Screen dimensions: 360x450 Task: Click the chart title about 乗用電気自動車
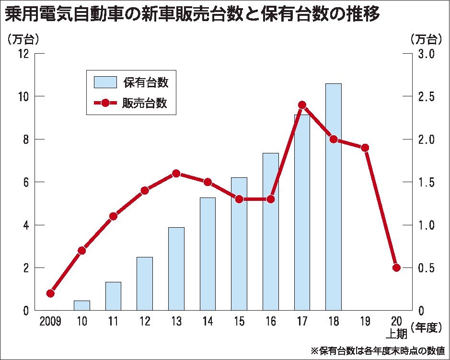[192, 14]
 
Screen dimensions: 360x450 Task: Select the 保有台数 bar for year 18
[334, 197]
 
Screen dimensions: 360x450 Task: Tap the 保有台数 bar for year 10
[82, 305]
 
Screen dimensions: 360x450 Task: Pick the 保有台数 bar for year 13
[176, 268]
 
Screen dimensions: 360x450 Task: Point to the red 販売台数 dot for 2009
[50, 293]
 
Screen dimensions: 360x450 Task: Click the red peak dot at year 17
[302, 105]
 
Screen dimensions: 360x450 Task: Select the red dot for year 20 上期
[396, 267]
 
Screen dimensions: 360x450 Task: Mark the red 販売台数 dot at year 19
[365, 148]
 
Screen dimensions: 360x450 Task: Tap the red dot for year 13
[176, 174]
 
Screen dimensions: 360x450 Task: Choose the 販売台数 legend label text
[146, 103]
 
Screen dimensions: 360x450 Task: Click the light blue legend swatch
[105, 82]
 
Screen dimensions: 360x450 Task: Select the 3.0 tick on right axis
[426, 54]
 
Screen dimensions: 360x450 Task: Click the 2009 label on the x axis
[50, 322]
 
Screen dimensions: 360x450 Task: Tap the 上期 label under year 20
[396, 334]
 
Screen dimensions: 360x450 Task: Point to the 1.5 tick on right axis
[426, 182]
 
